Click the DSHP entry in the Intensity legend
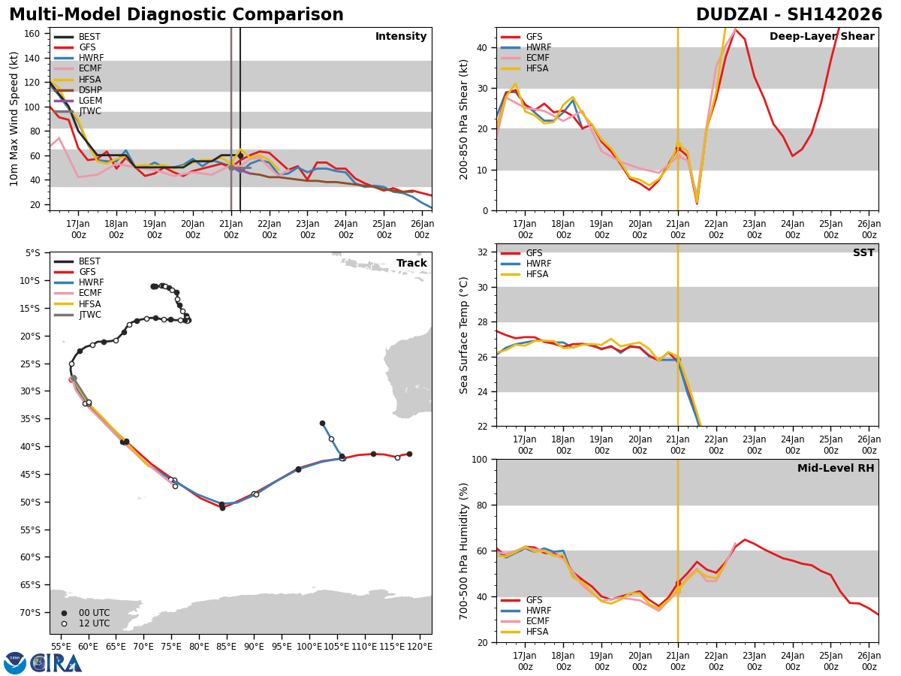tap(90, 90)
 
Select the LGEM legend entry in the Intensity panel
tap(90, 101)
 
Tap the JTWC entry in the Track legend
tap(90, 315)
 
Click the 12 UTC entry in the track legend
tap(94, 623)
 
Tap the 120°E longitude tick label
tap(420, 646)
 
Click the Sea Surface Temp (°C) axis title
tap(465, 335)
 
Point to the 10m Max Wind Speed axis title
tap(14, 119)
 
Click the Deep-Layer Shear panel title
tap(821, 37)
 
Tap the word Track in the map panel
tap(411, 264)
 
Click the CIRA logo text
tap(56, 662)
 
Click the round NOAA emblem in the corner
tap(15, 662)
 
